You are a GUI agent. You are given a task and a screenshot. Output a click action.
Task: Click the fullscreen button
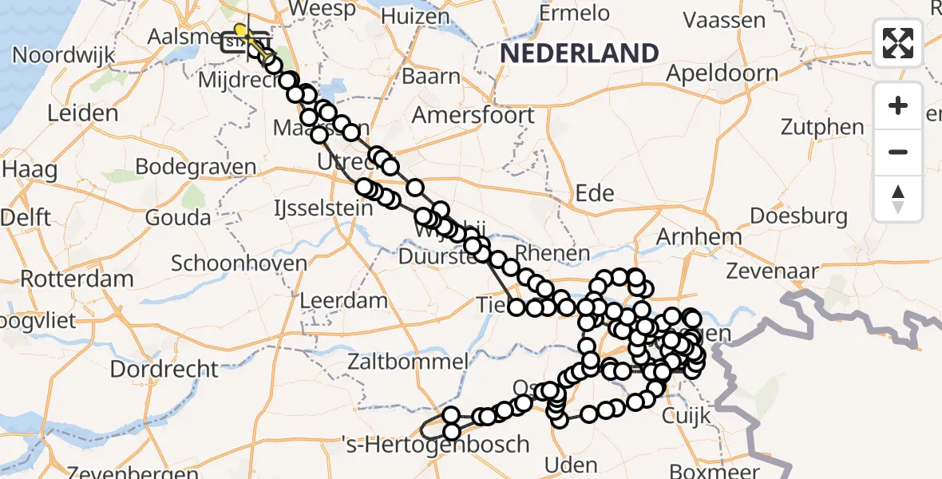[898, 42]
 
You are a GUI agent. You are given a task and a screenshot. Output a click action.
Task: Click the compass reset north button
[898, 198]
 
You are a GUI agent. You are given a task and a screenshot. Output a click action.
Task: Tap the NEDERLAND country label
[580, 53]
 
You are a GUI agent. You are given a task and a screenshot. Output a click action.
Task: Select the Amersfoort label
[473, 115]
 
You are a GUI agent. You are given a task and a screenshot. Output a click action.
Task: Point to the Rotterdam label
[77, 279]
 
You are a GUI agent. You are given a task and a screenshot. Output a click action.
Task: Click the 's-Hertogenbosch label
[435, 444]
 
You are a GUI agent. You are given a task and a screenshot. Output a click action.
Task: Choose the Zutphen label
[822, 127]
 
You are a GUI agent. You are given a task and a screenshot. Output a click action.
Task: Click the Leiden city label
[82, 113]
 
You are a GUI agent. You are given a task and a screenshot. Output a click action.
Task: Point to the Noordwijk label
[64, 56]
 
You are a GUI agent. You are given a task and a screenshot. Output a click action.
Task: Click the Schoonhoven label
[239, 263]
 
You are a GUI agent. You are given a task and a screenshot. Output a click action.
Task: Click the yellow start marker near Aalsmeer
[240, 30]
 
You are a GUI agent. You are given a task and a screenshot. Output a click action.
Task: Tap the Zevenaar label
[772, 271]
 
